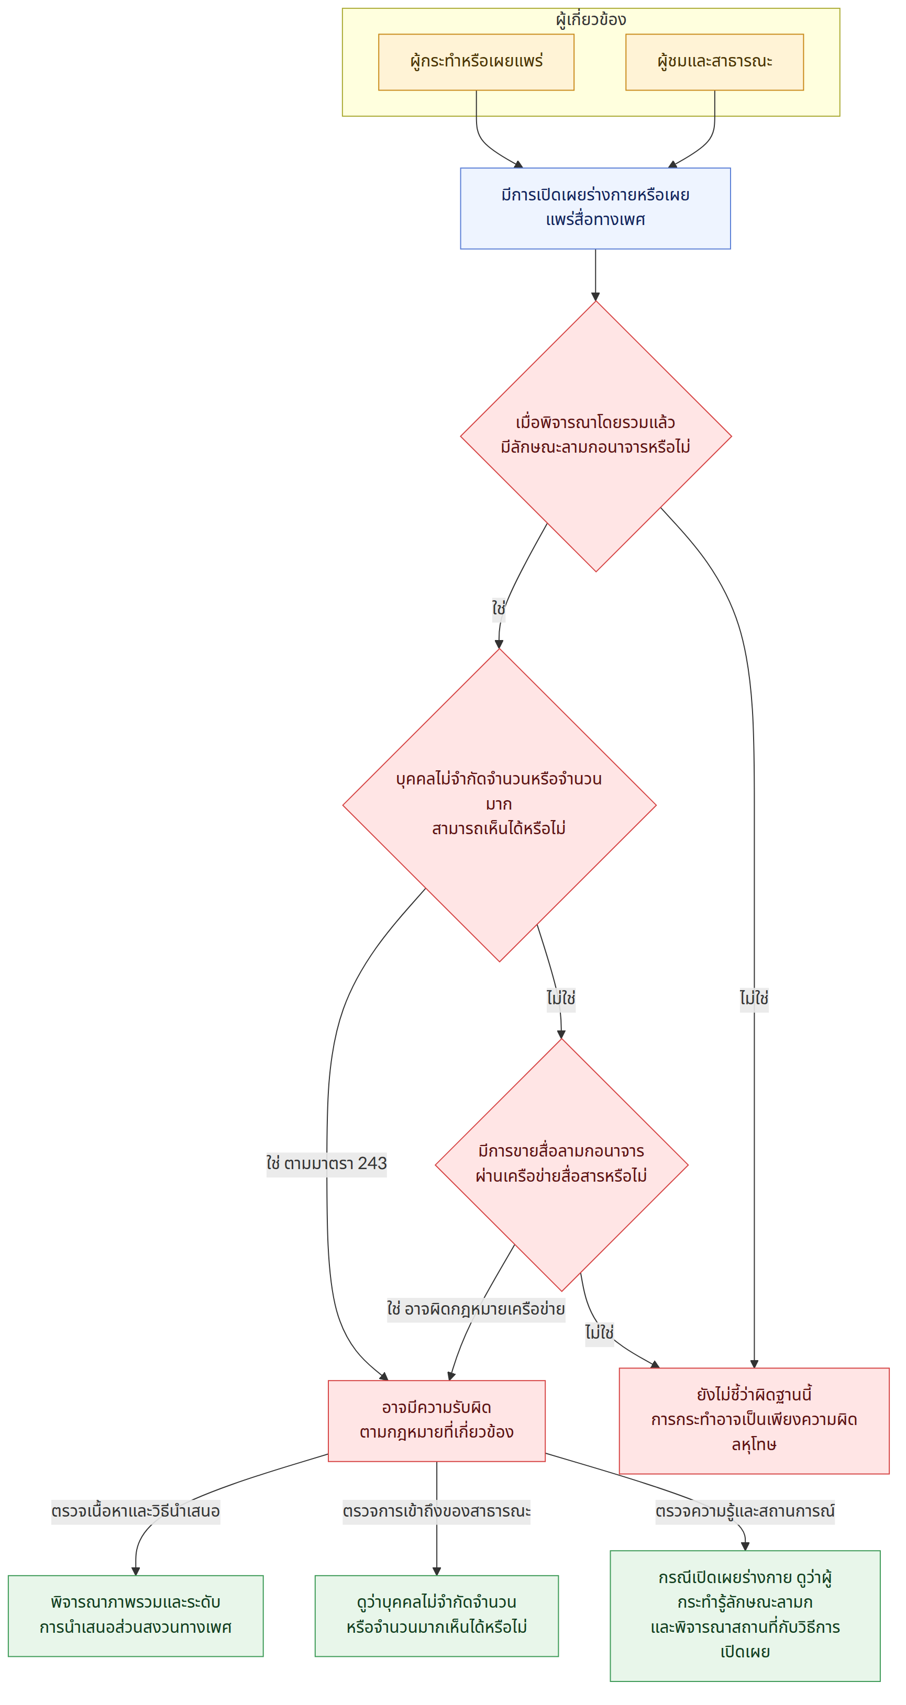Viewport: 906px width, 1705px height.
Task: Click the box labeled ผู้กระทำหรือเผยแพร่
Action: (x=476, y=62)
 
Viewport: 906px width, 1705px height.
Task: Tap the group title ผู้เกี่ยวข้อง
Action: (x=591, y=20)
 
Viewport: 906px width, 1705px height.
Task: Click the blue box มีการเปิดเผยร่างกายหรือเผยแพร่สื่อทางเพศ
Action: (x=595, y=208)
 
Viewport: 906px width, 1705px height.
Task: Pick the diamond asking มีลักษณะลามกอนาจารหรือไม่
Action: (x=595, y=436)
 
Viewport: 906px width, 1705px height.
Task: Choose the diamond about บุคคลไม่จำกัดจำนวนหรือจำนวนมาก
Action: (x=500, y=805)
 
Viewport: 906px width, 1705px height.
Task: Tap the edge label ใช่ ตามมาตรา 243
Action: (x=326, y=1163)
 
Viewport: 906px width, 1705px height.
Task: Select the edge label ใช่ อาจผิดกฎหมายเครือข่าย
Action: (x=476, y=1308)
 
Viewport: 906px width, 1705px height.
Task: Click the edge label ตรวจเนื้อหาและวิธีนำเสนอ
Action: (x=136, y=1511)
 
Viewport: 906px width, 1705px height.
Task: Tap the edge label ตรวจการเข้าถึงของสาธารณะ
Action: (x=436, y=1511)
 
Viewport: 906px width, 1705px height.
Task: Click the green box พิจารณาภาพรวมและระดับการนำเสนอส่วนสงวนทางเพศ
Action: (x=136, y=1616)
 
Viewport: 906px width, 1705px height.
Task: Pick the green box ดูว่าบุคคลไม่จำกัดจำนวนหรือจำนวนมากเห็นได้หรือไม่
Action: (x=436, y=1616)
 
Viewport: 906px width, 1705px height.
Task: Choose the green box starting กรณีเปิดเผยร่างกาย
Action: (x=745, y=1616)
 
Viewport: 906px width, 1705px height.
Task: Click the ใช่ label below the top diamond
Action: (x=499, y=608)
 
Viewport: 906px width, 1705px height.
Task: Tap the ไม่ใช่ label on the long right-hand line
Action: (x=754, y=997)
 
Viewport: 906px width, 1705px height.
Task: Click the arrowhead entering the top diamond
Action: (x=595, y=297)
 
